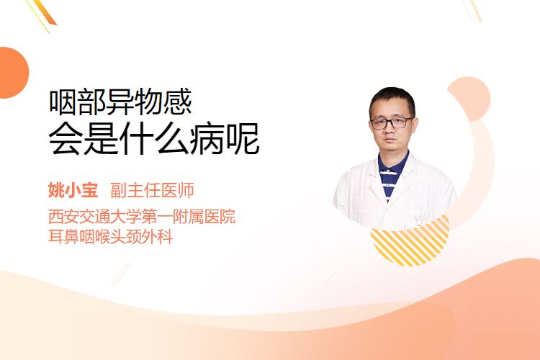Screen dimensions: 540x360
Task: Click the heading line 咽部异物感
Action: pyautogui.click(x=120, y=102)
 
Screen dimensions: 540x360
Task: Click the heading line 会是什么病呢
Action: pyautogui.click(x=153, y=139)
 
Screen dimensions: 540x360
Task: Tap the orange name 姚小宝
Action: pyautogui.click(x=73, y=190)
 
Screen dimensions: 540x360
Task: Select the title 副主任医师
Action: pyautogui.click(x=152, y=190)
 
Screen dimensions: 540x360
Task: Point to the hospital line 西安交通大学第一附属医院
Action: pyautogui.click(x=142, y=216)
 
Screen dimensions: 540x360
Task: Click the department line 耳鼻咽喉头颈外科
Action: pyautogui.click(x=111, y=236)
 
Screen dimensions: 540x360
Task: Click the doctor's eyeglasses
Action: pyautogui.click(x=392, y=122)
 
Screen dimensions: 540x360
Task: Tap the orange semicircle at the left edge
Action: pyautogui.click(x=13, y=73)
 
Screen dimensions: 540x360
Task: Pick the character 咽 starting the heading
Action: pyautogui.click(x=63, y=102)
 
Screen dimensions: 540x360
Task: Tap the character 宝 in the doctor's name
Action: pyautogui.click(x=90, y=190)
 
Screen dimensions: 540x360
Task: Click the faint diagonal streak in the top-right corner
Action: pyautogui.click(x=472, y=9)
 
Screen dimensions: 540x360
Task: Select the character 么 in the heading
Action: pyautogui.click(x=171, y=139)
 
